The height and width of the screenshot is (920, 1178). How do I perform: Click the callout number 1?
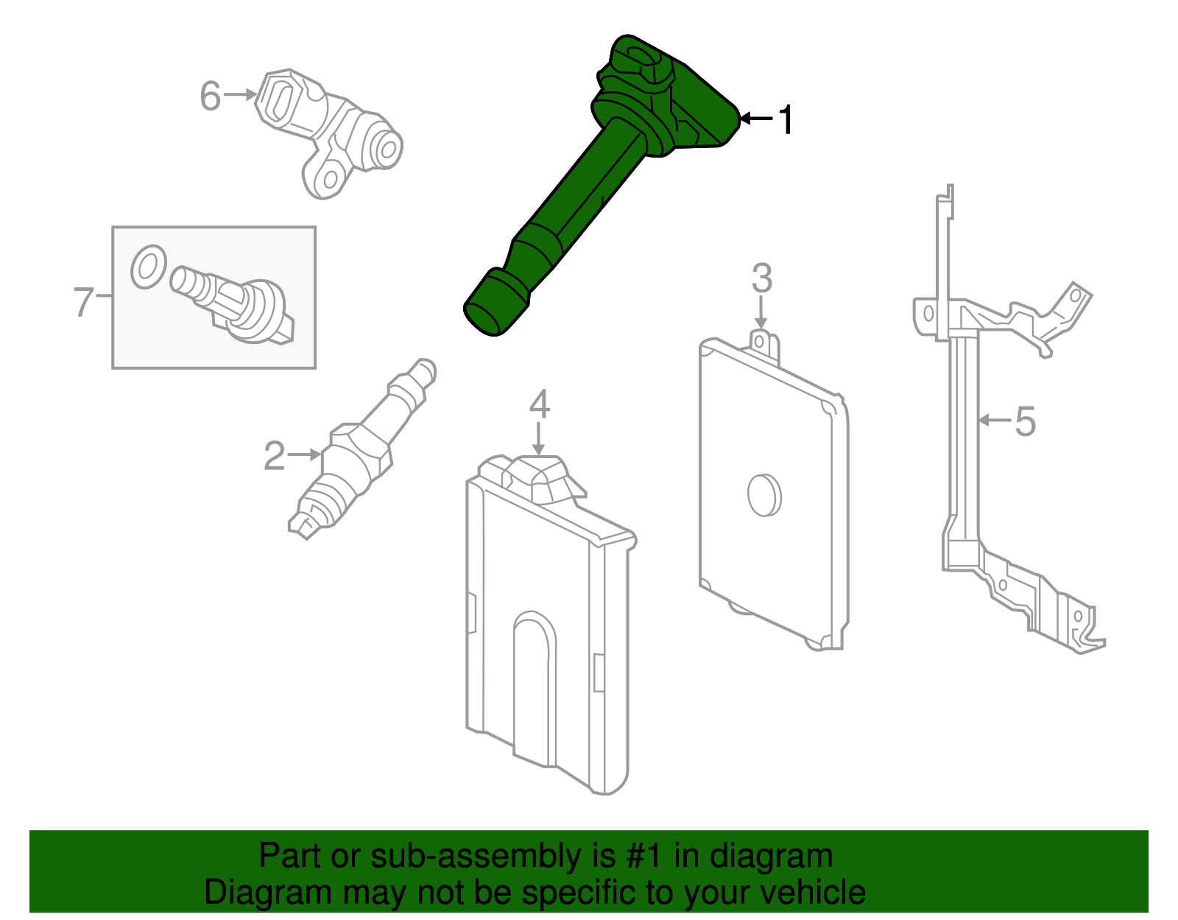click(x=786, y=119)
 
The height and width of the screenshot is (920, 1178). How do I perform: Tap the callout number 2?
click(x=274, y=456)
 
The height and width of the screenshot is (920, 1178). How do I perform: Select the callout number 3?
click(x=761, y=278)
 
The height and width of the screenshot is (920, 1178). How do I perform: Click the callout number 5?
click(x=1024, y=421)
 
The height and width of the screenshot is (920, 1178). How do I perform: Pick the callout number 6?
click(x=211, y=96)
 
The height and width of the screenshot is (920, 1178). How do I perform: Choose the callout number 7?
click(x=83, y=301)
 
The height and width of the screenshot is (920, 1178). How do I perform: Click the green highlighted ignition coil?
click(x=589, y=184)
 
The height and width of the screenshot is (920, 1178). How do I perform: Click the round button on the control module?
click(x=763, y=494)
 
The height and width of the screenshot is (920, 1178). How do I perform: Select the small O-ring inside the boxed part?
click(x=148, y=267)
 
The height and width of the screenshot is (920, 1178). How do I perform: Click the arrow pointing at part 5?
click(x=995, y=421)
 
